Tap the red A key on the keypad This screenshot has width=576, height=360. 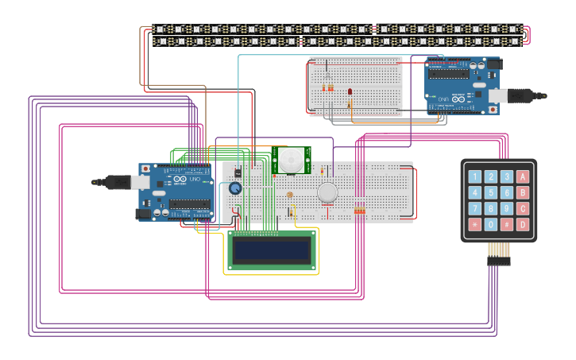523,176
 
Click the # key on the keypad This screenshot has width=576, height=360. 507,225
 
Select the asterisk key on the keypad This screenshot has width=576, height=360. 475,225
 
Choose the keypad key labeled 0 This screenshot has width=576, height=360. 491,225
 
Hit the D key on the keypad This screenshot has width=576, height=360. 523,225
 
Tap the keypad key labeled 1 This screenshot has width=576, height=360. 475,176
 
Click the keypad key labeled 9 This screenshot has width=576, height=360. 507,209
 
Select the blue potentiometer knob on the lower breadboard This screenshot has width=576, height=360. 235,188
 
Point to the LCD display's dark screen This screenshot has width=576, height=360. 270,251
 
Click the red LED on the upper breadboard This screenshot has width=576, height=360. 350,93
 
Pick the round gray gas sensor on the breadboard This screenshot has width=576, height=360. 327,192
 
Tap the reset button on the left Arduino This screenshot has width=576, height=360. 145,169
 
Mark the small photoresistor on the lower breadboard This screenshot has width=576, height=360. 289,195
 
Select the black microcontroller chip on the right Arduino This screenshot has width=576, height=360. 449,74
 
